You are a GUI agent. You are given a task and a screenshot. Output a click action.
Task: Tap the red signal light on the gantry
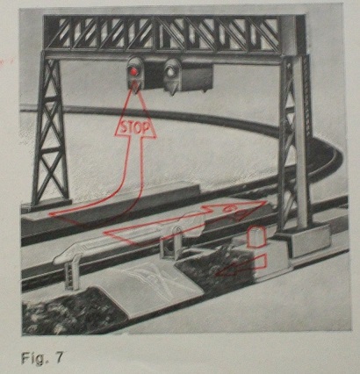tap(134, 70)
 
